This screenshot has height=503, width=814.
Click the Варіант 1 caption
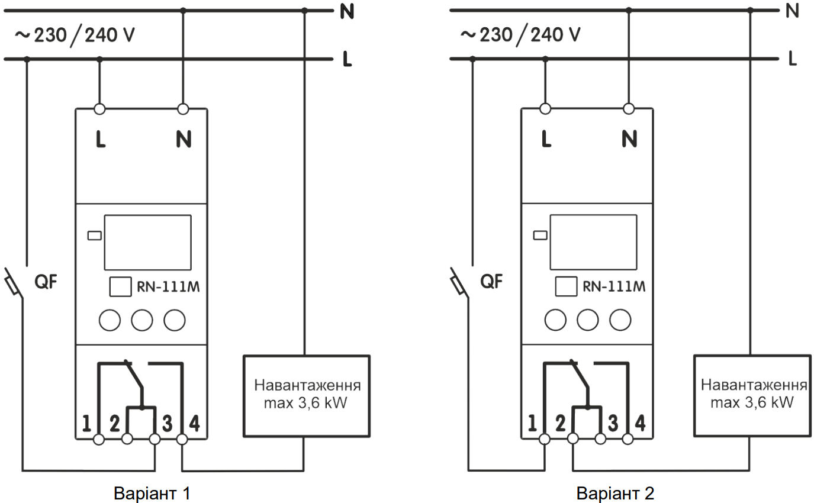(x=152, y=493)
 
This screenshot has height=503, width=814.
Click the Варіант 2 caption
(x=615, y=493)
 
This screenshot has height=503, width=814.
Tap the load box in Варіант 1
(x=307, y=396)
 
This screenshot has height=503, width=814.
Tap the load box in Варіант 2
(x=752, y=395)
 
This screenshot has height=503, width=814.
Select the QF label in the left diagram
(x=46, y=282)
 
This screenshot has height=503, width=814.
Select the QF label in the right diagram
(x=491, y=282)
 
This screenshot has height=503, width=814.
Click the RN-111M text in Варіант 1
(x=168, y=287)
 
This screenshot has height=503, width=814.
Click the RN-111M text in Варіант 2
(x=614, y=286)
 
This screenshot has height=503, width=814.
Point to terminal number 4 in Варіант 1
(x=194, y=423)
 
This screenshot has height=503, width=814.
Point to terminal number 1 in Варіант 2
(x=532, y=423)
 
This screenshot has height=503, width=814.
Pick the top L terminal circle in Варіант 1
(x=99, y=109)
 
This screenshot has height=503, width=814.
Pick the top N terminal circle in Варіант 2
(x=629, y=109)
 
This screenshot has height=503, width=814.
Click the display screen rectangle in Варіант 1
(x=148, y=243)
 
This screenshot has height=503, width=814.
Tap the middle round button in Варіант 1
(x=142, y=320)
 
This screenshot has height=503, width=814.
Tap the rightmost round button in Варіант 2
(x=620, y=320)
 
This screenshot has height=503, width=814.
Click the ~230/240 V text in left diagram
(x=75, y=36)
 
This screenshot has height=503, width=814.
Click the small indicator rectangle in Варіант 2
(x=540, y=236)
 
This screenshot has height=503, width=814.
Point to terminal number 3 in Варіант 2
(x=613, y=423)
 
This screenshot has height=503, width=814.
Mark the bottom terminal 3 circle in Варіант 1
(x=155, y=440)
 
